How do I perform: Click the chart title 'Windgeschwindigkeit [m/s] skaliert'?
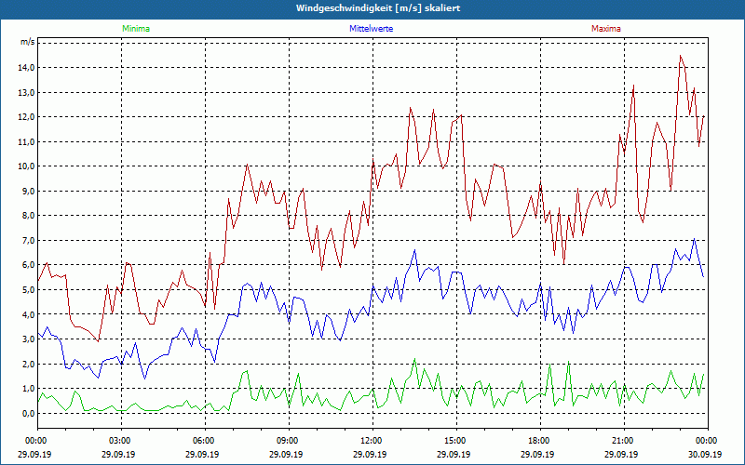(372, 8)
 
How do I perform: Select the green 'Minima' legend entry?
(135, 29)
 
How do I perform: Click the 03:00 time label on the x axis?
(120, 440)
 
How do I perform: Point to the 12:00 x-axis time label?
(372, 440)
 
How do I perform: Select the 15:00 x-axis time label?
(455, 440)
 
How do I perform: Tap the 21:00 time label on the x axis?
(623, 440)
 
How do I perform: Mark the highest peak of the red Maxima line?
(681, 56)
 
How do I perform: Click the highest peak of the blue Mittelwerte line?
(694, 239)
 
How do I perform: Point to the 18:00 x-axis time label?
(539, 440)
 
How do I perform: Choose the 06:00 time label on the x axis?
(204, 440)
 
